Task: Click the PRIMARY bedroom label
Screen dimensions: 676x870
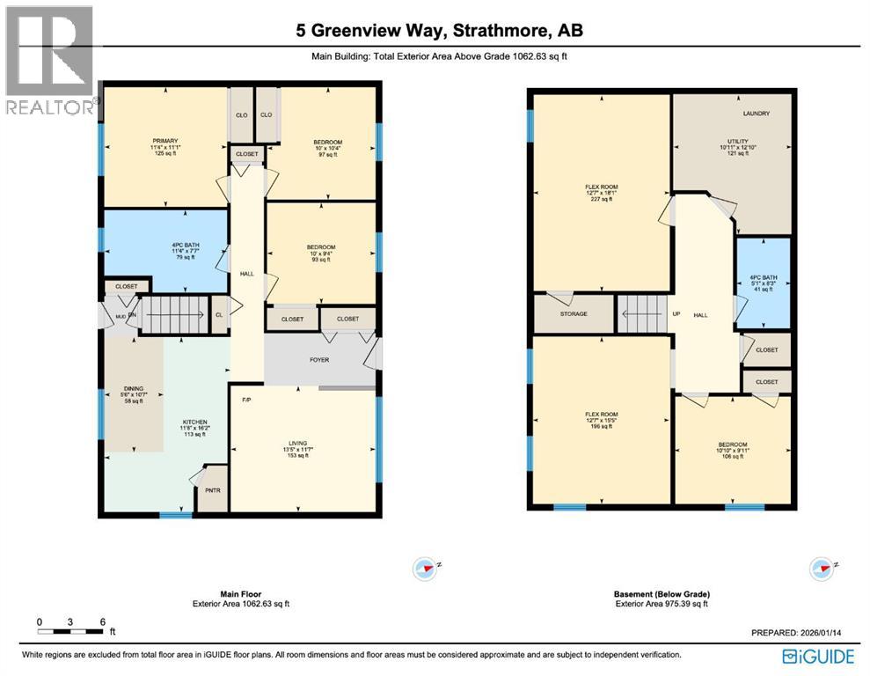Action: pyautogui.click(x=165, y=141)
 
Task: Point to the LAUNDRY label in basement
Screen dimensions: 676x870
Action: pyautogui.click(x=756, y=114)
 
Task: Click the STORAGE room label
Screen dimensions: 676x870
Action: pyautogui.click(x=574, y=312)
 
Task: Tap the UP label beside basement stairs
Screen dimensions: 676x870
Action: pyautogui.click(x=676, y=313)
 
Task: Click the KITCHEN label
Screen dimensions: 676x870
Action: pyautogui.click(x=194, y=422)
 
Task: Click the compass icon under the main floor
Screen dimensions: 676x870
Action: pyautogui.click(x=424, y=569)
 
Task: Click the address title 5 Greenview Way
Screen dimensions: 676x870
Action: pyautogui.click(x=439, y=31)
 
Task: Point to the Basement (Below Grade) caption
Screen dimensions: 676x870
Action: pyautogui.click(x=661, y=594)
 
